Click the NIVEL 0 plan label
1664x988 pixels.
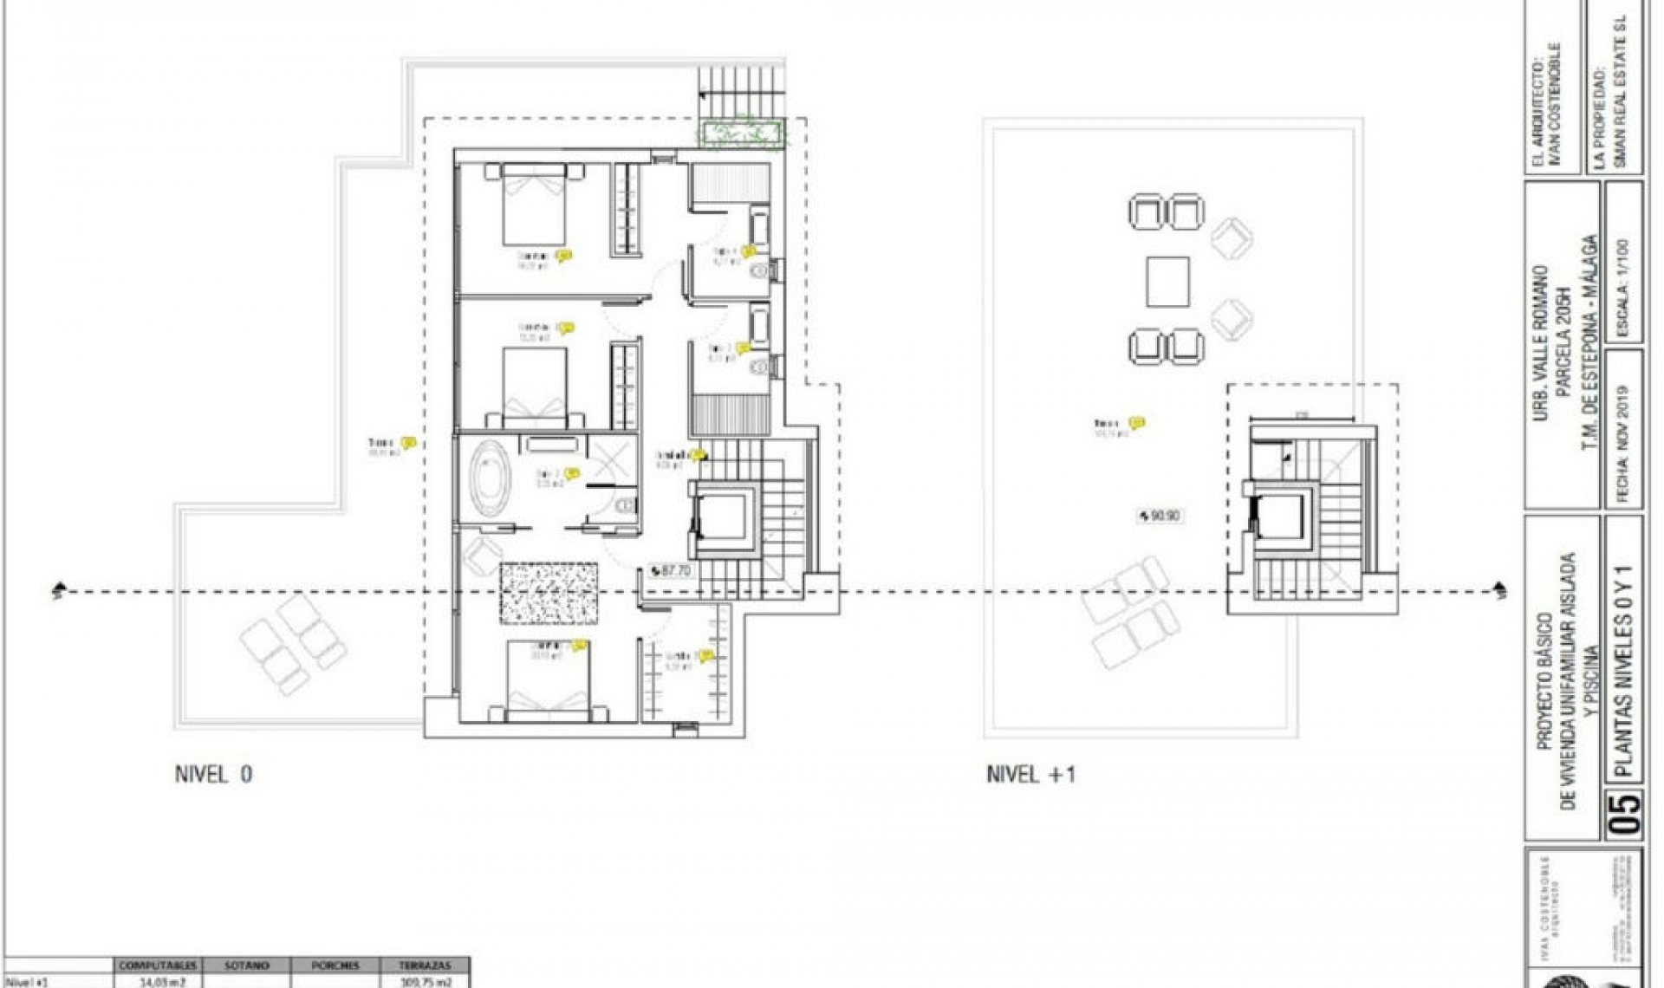click(x=214, y=774)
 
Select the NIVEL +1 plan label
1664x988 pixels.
click(x=1030, y=774)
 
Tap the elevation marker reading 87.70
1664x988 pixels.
click(x=670, y=571)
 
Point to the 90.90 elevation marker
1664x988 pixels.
click(x=1160, y=516)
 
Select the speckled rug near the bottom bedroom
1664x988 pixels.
click(x=549, y=593)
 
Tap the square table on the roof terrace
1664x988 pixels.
click(x=1167, y=282)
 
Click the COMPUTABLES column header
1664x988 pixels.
click(x=159, y=965)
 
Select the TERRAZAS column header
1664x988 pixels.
click(x=426, y=965)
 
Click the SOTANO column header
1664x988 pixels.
click(x=246, y=965)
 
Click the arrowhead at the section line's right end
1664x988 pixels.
click(x=1500, y=592)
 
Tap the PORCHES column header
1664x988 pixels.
click(x=335, y=965)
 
